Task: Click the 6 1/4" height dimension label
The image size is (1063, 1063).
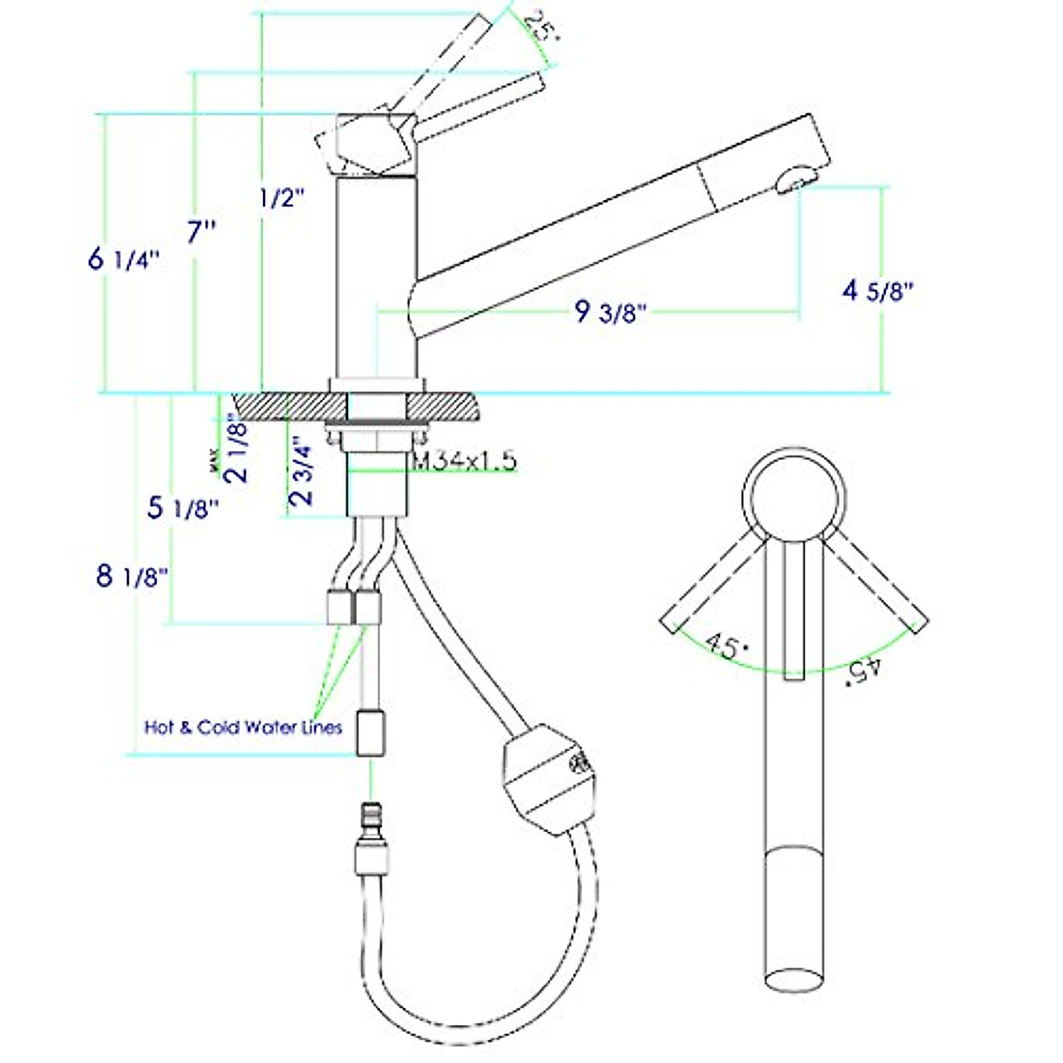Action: click(123, 260)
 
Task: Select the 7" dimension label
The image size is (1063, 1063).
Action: click(201, 233)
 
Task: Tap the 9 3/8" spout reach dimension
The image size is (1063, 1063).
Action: click(610, 312)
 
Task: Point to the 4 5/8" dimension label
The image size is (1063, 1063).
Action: click(877, 290)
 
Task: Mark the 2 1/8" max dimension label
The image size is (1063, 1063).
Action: click(237, 447)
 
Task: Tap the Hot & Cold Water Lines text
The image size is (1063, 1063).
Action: click(243, 727)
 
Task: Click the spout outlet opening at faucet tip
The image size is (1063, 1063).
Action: click(794, 180)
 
